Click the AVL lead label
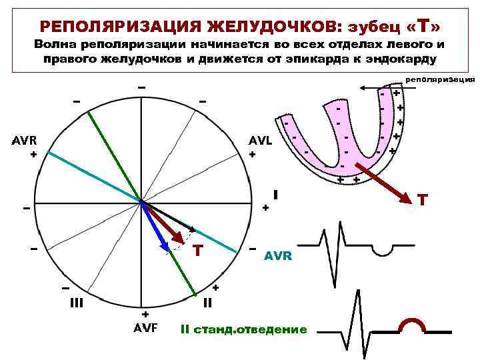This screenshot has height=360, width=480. coord(261,141)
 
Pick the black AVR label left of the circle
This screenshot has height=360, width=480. coord(24,141)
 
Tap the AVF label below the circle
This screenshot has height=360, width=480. coord(145,327)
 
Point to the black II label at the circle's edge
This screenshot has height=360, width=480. coord(207,301)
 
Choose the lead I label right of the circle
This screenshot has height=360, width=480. coord(275,195)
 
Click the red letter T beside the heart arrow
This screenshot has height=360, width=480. coord(422,199)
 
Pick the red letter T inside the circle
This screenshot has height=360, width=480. coord(197,251)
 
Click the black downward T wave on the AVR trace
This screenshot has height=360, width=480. coord(382,249)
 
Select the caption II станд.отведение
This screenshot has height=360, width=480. coord(244,329)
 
